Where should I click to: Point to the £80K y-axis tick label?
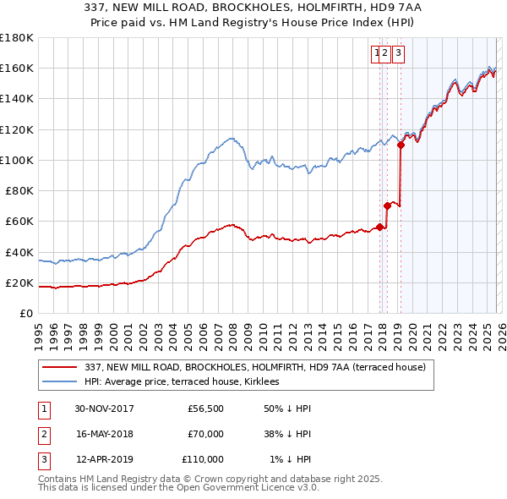19,190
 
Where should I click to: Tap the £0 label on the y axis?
25,313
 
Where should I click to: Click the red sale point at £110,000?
401,145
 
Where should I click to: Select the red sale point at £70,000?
387,206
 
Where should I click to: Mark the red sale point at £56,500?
380,227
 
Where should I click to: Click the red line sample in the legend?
60,367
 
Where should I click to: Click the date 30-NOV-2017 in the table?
104,409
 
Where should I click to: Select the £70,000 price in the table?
205,434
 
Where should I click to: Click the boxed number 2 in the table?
43,434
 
